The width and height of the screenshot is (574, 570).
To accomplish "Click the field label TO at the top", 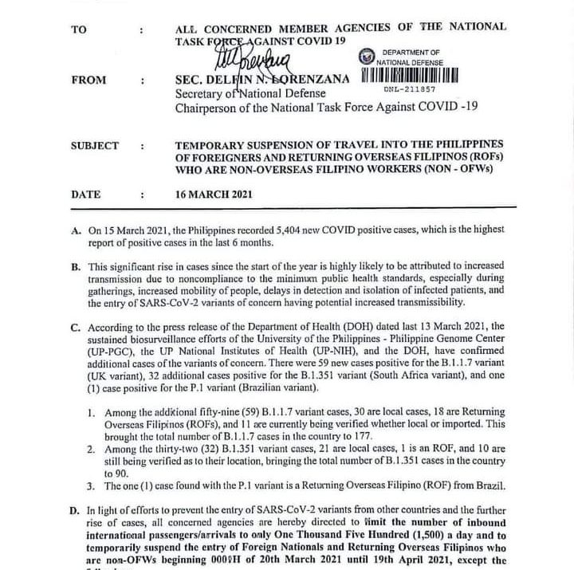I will click(x=78, y=29).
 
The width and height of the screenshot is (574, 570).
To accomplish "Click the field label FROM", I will click(x=86, y=81).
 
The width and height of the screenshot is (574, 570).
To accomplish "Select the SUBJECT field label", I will click(x=95, y=146).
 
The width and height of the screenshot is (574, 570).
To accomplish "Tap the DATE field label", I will click(x=86, y=194).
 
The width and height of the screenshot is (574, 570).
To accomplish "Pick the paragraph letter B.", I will click(x=76, y=265).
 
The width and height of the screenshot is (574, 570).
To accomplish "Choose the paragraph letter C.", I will click(x=76, y=328).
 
